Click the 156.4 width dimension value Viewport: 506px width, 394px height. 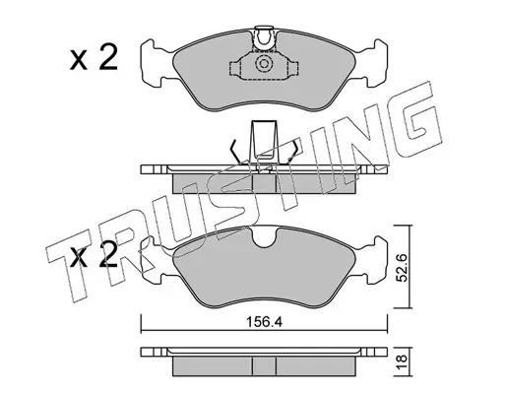click(x=264, y=322)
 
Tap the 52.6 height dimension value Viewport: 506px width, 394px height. click(x=403, y=267)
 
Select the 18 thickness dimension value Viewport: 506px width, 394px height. click(x=403, y=362)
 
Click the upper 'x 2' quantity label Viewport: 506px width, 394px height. click(x=94, y=58)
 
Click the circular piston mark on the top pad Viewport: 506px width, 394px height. click(x=264, y=64)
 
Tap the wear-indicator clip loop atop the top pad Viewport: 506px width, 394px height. click(x=264, y=38)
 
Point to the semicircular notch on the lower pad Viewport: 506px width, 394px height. click(x=264, y=237)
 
